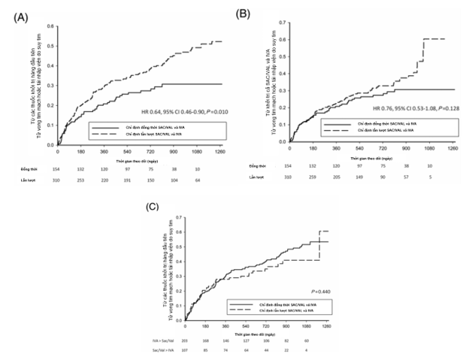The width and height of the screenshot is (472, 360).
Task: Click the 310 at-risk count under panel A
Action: coord(58,182)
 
